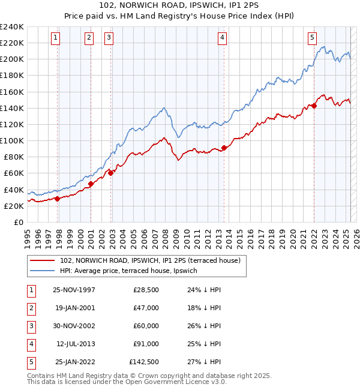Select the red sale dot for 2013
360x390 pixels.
[224, 148]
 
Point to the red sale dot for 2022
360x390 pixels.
[314, 106]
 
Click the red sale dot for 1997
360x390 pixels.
[58, 199]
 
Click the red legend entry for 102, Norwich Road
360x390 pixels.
[150, 260]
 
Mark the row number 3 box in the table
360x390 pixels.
[31, 325]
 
